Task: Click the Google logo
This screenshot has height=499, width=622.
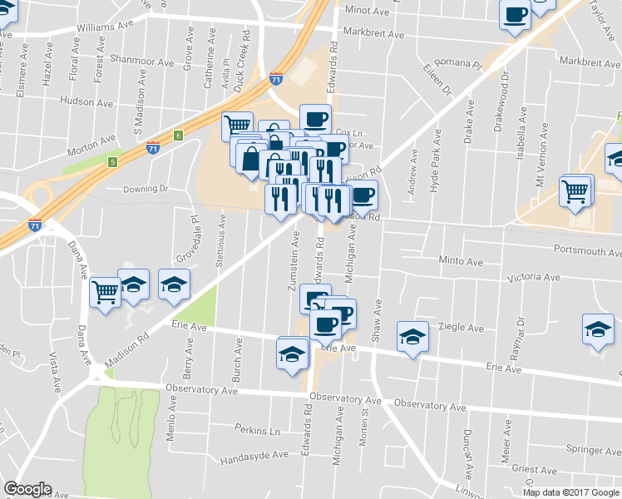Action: [x=27, y=489]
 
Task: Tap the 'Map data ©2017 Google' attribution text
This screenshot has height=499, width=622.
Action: [x=570, y=492]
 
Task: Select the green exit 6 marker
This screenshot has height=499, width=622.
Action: [x=178, y=135]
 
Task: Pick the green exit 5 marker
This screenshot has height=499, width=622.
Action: [x=112, y=161]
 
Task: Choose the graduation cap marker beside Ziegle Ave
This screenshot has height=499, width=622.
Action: [x=412, y=337]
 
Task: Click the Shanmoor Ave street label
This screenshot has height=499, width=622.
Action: [x=142, y=62]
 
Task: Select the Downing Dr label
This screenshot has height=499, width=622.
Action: [x=146, y=189]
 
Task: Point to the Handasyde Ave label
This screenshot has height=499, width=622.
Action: [x=254, y=457]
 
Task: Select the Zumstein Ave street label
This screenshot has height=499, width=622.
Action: [x=294, y=261]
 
